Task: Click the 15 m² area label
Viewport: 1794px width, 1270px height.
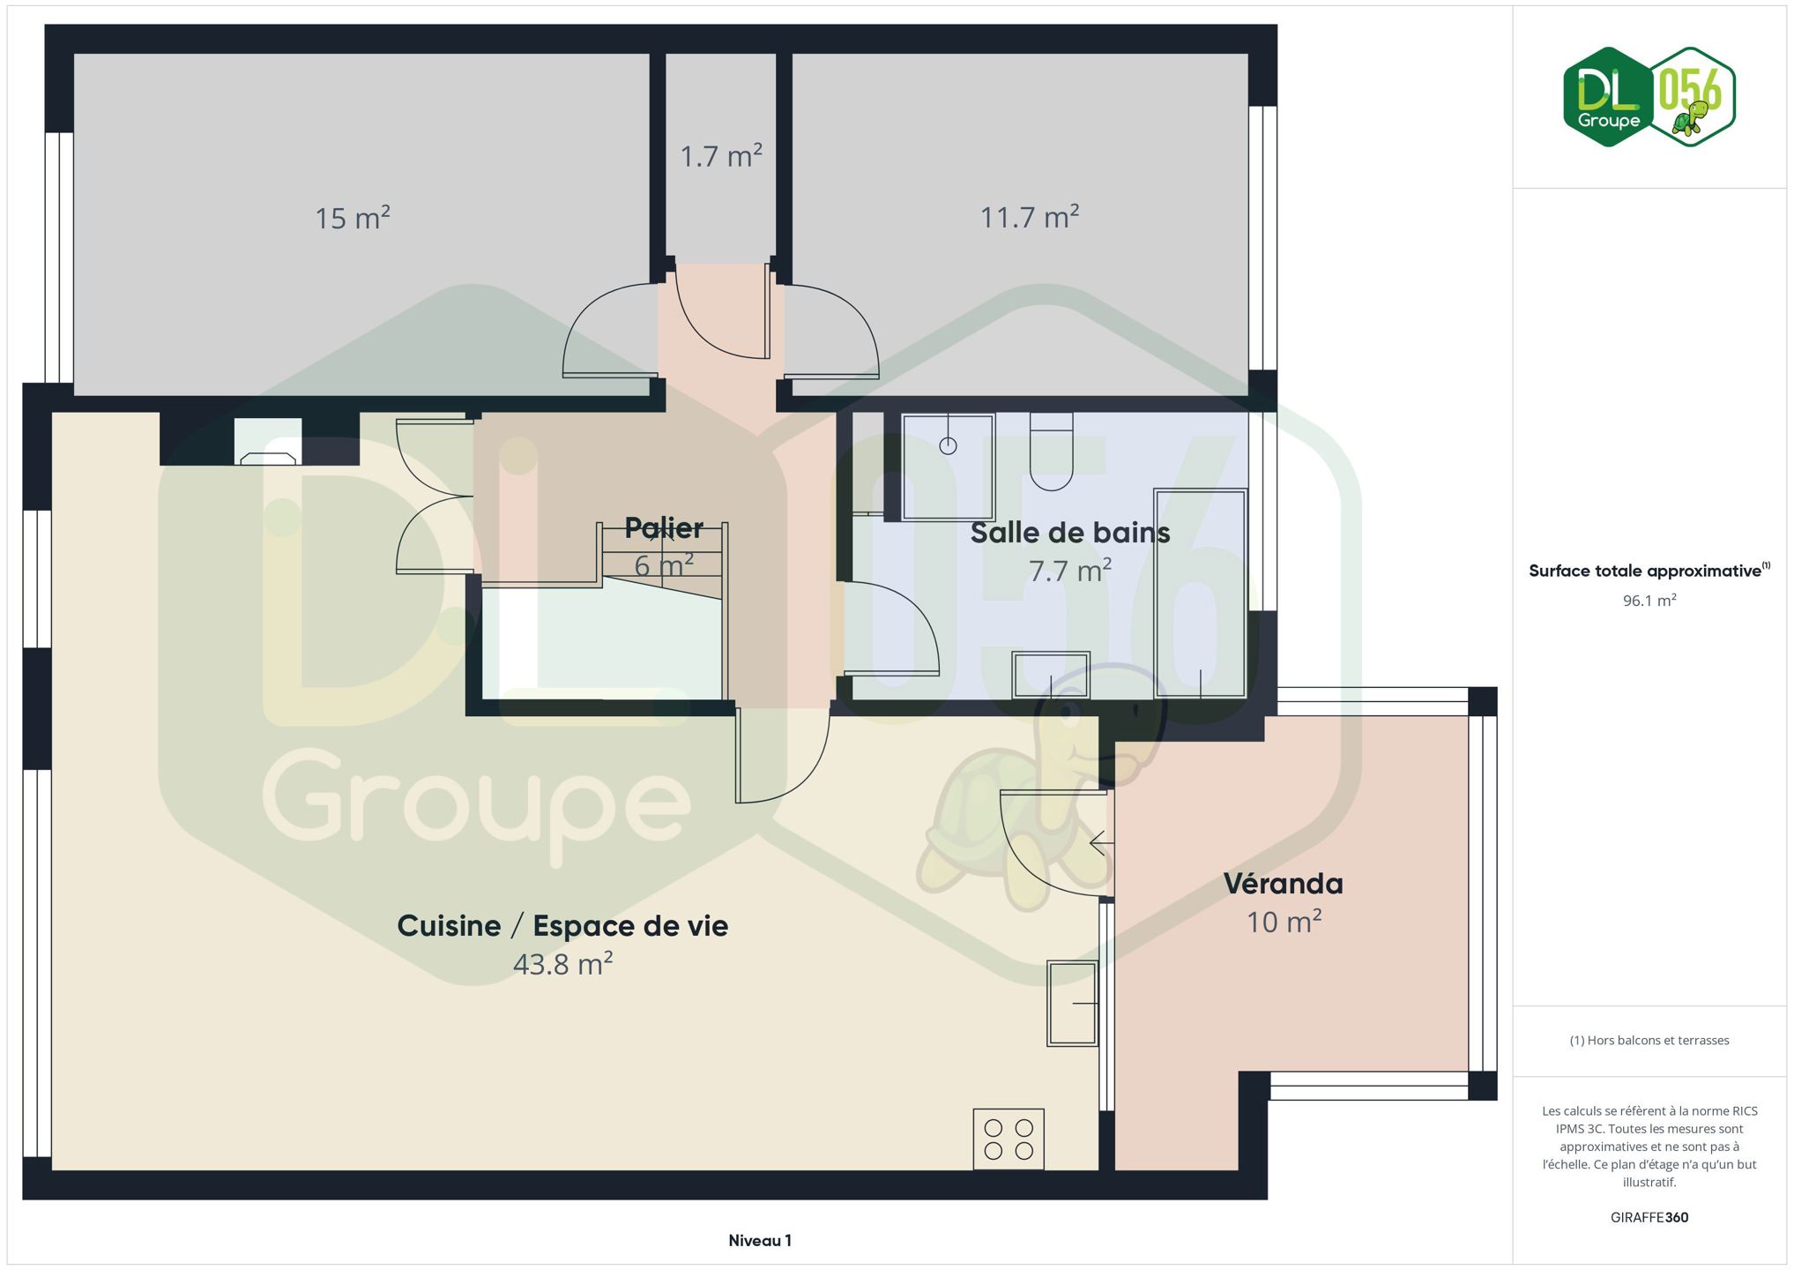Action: (353, 218)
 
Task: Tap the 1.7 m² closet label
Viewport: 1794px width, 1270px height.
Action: (721, 156)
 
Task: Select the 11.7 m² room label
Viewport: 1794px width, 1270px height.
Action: (1030, 217)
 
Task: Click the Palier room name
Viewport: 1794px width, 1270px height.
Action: (664, 527)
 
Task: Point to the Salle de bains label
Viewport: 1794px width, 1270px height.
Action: (1070, 532)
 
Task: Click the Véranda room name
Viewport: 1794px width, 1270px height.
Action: (1284, 883)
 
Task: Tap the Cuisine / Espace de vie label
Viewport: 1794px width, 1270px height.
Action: (562, 925)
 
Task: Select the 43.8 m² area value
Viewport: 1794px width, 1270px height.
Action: (562, 964)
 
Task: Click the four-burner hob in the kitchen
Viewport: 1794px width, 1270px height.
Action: (1009, 1139)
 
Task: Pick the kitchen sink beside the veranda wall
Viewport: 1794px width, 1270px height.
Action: (1073, 1004)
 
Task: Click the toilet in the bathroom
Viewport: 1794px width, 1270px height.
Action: (1052, 452)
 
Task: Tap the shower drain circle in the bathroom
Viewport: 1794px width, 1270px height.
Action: (948, 445)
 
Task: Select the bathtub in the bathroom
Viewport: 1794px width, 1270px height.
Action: (1201, 594)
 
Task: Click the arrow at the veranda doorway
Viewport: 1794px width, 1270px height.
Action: (1102, 843)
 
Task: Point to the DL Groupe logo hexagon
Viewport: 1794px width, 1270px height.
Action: (1608, 97)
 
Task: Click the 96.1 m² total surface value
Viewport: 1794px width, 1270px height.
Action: (1649, 601)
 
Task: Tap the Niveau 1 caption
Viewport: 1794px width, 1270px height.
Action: (760, 1240)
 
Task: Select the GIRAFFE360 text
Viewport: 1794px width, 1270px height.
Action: (1649, 1217)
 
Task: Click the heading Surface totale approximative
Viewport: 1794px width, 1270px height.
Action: (1645, 571)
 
